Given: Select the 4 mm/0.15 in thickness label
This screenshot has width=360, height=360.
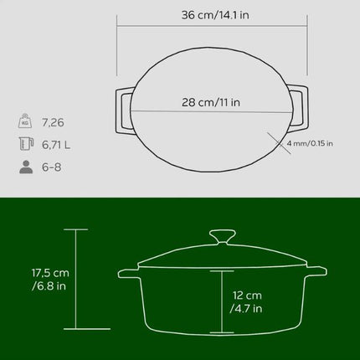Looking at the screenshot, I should (309, 143).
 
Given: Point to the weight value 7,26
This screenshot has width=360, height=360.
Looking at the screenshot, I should (53, 122).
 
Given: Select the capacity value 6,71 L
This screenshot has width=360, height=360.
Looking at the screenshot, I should (56, 144).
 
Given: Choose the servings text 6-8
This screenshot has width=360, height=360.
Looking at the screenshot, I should (51, 167).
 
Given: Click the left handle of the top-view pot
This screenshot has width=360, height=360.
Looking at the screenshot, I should (122, 110).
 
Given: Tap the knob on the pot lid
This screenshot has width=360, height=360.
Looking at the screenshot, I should (222, 237).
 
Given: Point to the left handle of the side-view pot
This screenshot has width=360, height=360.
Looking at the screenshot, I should (128, 273).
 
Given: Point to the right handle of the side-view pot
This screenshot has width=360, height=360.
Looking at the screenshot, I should (316, 273).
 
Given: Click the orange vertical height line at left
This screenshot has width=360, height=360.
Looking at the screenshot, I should (76, 280).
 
